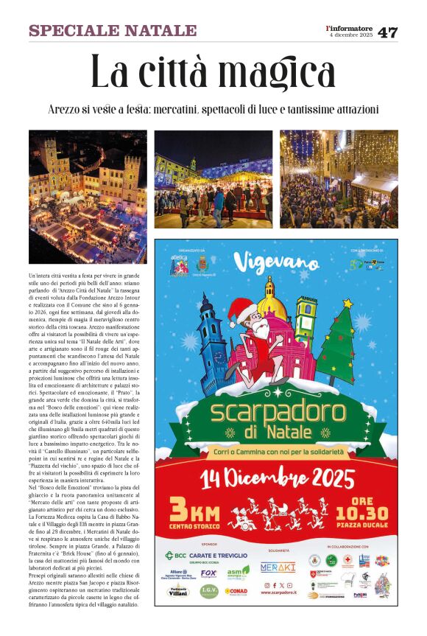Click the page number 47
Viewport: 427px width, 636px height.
(x=387, y=32)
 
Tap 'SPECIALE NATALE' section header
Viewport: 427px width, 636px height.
(x=113, y=31)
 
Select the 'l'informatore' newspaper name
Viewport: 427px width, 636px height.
(x=350, y=28)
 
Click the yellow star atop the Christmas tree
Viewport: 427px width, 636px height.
(x=347, y=303)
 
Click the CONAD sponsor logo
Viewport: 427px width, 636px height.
(x=238, y=590)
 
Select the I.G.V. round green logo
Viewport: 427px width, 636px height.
(x=209, y=590)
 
